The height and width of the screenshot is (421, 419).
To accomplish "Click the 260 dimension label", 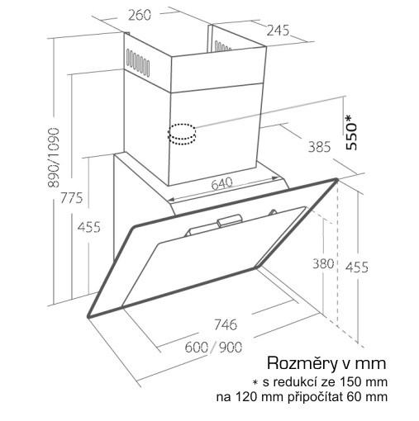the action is pos(140,15).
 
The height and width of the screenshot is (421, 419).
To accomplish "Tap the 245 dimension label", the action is pos(278,30).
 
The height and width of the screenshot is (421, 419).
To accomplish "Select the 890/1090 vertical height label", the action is pos(53,158).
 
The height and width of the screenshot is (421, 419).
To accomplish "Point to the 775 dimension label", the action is pos(72,197).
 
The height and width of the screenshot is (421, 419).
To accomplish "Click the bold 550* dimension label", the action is pos(352,133).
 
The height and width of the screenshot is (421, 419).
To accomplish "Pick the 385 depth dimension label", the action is pos(319,147).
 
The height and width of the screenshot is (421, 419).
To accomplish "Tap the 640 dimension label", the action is pos(222,183).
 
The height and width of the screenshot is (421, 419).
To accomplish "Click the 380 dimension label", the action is pos(323,263).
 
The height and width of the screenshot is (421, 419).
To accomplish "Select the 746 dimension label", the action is pos(226,324).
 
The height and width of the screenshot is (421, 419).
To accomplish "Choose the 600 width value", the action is pos(197,348).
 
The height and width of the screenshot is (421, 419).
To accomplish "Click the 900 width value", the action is pos(231,348).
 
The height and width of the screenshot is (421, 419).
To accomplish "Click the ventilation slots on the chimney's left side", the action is pos(138,62).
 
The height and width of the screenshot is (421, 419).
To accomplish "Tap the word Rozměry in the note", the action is pos(302,363).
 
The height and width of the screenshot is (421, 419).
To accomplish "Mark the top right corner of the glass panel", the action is pos(336,180).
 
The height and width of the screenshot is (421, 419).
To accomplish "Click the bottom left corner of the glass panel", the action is pos(88,316).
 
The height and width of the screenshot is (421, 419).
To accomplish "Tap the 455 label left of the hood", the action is pos(88,227).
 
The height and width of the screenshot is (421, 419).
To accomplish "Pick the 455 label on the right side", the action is pos(357,267).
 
